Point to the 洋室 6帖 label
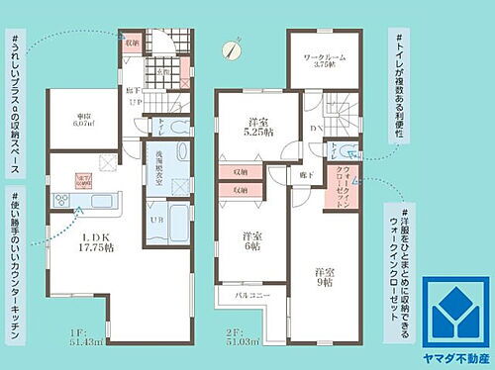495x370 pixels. [253, 243]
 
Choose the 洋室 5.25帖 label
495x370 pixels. [259, 130]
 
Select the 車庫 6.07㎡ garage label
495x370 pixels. [83, 122]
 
